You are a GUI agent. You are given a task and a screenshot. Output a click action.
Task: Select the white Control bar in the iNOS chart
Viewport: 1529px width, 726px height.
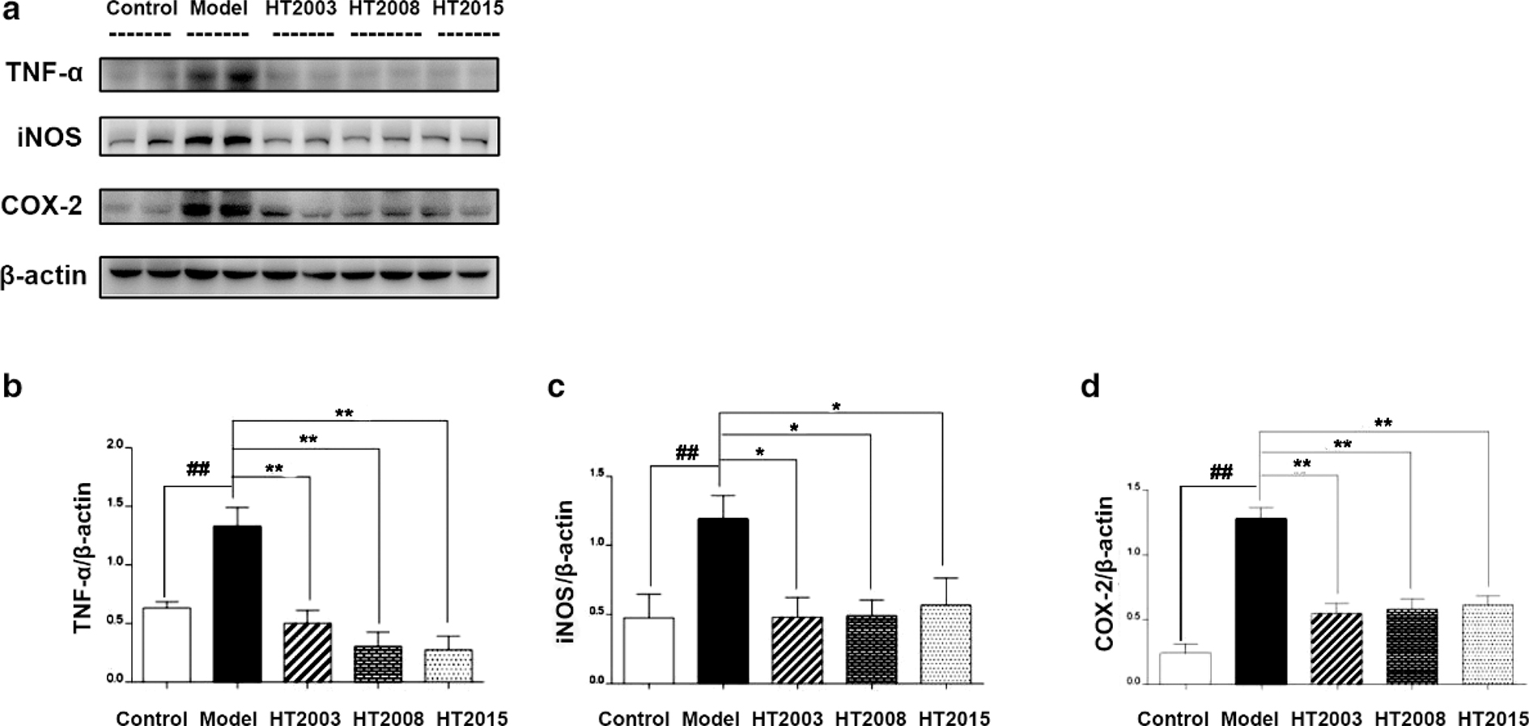(648, 650)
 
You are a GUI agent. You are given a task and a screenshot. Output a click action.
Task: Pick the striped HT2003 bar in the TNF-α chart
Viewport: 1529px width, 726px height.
(307, 652)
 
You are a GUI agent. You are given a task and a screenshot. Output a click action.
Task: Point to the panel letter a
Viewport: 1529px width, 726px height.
(11, 11)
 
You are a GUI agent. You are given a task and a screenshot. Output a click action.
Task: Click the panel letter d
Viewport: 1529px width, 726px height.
(1090, 387)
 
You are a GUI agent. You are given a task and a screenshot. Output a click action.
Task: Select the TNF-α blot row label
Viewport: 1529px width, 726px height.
(45, 73)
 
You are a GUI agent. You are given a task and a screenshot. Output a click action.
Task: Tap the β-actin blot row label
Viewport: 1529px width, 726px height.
(44, 276)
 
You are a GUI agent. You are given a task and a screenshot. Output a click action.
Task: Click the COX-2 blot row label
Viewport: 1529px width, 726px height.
(42, 206)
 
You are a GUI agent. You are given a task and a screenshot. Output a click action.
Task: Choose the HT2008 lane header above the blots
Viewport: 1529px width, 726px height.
(384, 10)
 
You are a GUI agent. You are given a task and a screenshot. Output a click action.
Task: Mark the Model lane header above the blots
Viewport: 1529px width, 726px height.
(218, 10)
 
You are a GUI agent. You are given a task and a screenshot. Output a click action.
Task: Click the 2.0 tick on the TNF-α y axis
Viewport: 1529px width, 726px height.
(114, 445)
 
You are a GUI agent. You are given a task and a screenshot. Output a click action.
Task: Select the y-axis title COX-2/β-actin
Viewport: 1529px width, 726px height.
(1105, 574)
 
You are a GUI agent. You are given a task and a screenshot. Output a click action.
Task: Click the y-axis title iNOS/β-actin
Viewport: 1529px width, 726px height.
(565, 571)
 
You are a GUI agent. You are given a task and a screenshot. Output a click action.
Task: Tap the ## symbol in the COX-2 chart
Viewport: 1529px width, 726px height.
(1221, 472)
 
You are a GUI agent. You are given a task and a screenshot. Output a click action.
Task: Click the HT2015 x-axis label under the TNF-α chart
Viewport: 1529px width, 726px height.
(471, 718)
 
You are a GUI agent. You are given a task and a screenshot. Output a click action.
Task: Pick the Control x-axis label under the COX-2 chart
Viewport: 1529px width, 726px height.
(1173, 718)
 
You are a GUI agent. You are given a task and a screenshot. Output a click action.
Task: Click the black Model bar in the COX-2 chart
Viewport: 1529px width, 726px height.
(1262, 601)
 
